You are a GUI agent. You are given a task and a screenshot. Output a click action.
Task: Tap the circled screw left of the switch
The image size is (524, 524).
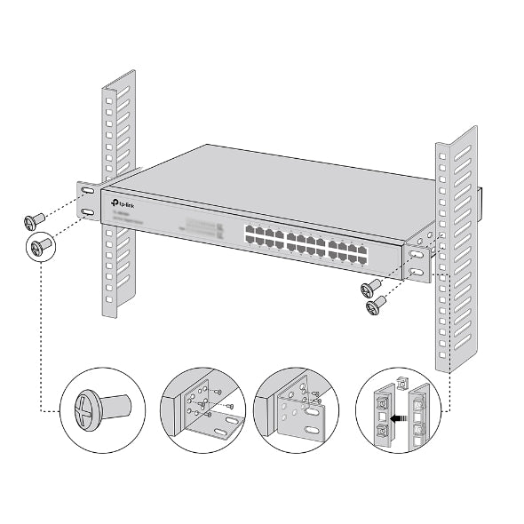(x=39, y=244)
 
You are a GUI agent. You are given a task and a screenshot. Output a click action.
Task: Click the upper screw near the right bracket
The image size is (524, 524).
(x=370, y=287)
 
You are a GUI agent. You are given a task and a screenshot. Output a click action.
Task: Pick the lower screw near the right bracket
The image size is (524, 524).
(x=377, y=305)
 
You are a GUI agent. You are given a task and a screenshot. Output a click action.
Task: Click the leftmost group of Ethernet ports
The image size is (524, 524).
(x=262, y=236)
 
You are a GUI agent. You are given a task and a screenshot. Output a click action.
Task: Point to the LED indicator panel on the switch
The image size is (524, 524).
(x=202, y=226)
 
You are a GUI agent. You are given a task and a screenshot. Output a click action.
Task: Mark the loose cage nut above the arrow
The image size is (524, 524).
(x=400, y=385)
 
